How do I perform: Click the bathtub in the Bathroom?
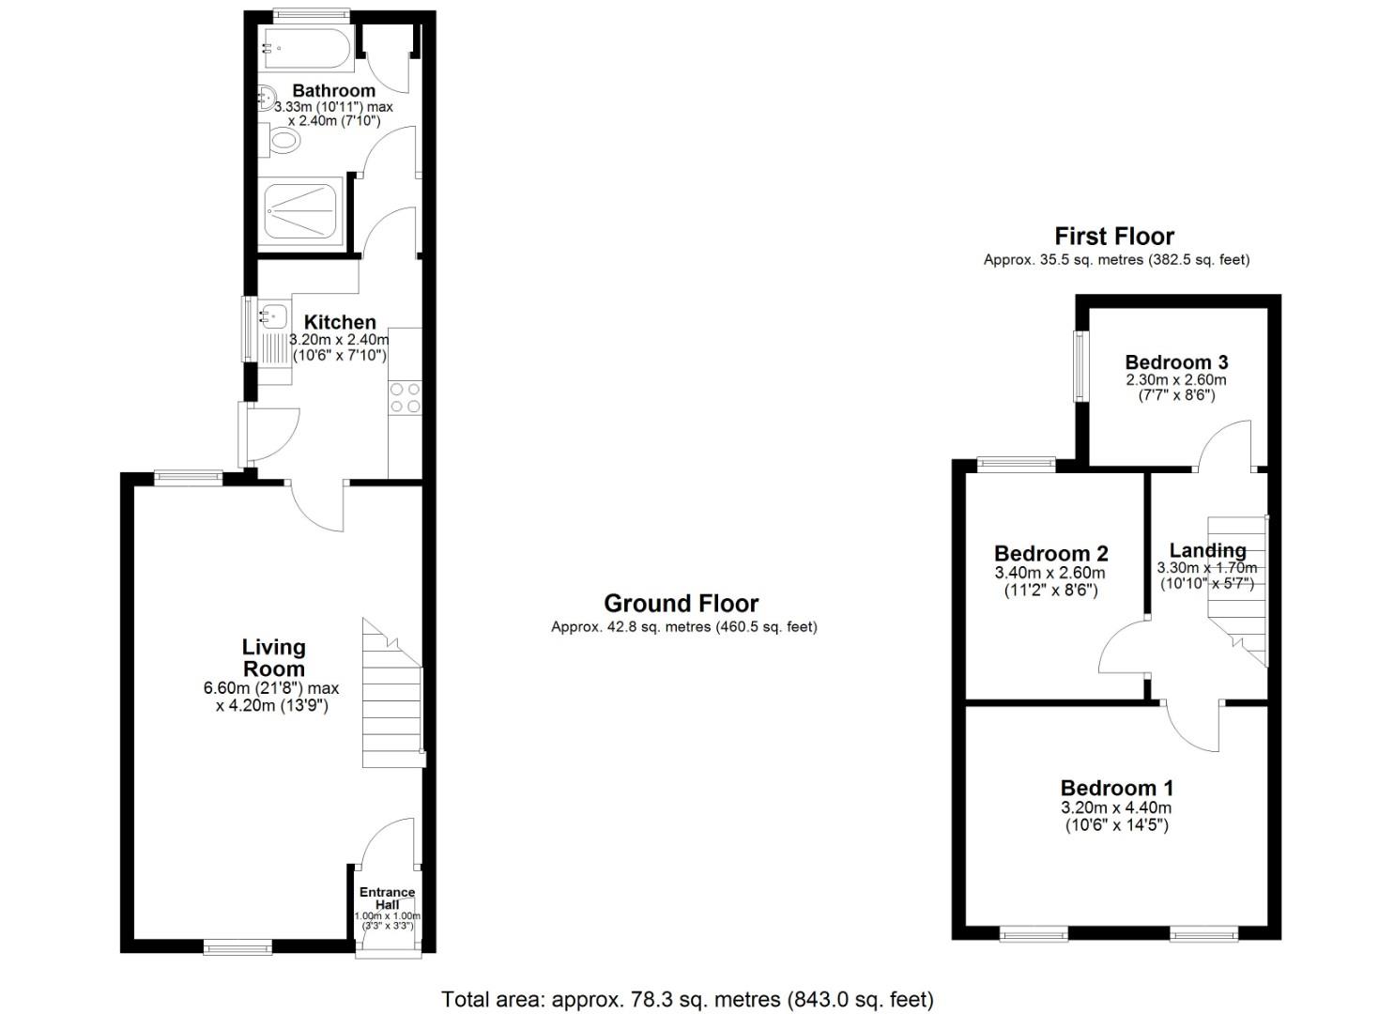308,49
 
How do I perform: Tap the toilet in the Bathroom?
283,141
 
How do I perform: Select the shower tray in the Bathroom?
301,211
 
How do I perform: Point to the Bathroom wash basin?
266,96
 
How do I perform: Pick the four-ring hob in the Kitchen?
406,397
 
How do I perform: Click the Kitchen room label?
340,322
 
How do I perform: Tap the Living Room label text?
273,657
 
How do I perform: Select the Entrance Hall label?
387,899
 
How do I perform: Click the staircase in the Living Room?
392,699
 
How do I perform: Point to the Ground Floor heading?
681,603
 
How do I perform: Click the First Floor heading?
1114,236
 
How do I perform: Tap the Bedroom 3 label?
1176,361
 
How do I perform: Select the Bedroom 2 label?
1050,553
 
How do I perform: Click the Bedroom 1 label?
1116,788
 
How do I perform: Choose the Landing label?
1207,550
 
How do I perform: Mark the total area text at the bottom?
687,999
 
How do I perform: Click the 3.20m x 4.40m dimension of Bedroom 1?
1116,807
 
